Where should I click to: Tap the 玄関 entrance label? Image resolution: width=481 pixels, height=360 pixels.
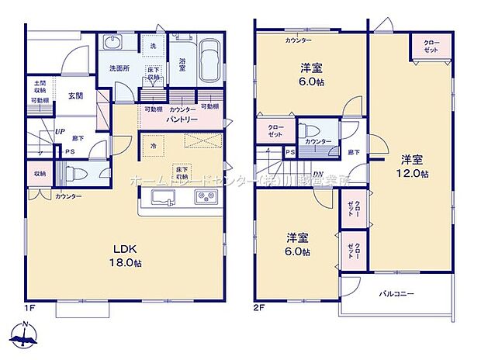75,95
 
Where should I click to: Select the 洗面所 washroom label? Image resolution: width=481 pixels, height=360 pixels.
119,67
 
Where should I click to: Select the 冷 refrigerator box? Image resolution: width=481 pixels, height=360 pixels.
154,145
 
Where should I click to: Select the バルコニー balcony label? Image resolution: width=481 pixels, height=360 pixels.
396,294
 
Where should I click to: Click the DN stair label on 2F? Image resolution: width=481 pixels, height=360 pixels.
319,173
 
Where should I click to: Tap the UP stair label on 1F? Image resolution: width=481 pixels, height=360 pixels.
58,133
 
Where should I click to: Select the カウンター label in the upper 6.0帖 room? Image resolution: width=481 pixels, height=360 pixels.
298,40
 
